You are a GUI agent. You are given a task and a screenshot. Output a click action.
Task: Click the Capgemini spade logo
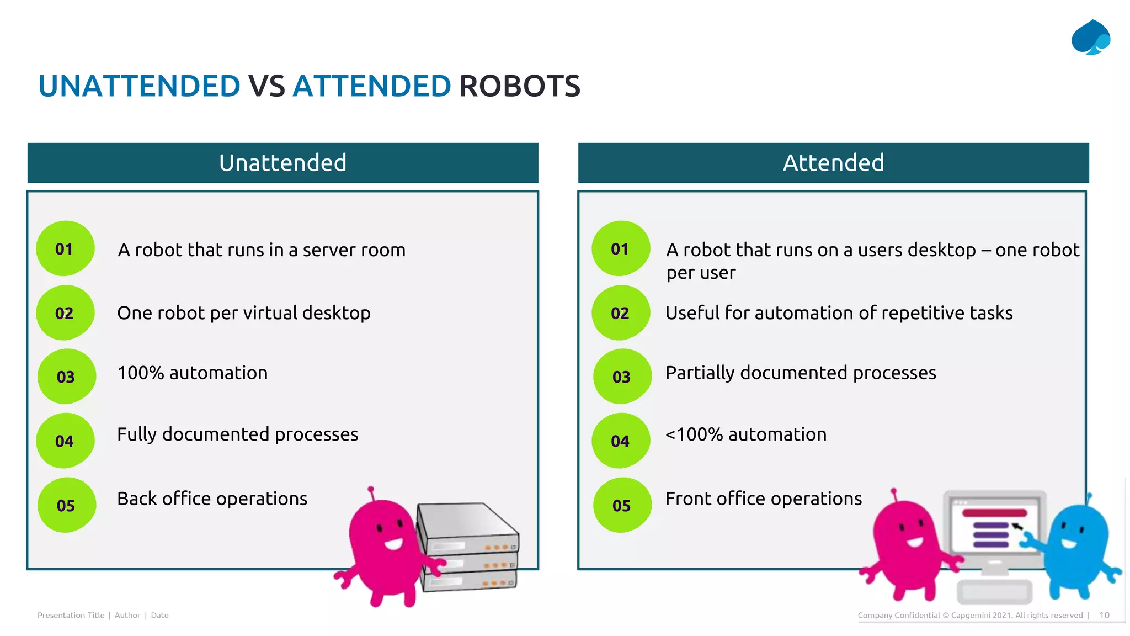point(1091,38)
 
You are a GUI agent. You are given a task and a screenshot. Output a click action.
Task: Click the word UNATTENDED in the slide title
point(139,87)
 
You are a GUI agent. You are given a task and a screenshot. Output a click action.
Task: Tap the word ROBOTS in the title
point(519,87)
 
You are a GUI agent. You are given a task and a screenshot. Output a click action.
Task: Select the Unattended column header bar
point(282,163)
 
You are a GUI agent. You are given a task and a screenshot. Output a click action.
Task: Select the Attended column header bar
point(833,163)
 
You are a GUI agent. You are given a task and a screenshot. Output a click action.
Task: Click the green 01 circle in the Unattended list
point(65,249)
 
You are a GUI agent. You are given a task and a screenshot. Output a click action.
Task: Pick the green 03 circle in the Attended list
point(622,377)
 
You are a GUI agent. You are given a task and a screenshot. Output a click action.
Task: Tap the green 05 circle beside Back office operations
point(66,505)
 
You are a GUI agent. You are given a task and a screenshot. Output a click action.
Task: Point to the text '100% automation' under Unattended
point(193,373)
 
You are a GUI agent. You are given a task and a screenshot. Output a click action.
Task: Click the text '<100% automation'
point(746,434)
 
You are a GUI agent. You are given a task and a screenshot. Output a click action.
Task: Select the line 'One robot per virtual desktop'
point(244,313)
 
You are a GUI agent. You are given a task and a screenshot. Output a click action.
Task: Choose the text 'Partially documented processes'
point(801,373)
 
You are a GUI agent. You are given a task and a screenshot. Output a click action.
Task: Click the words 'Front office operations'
point(764,499)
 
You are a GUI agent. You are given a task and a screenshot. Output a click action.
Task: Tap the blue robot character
point(1076,547)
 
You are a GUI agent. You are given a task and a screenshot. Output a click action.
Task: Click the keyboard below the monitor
point(995,592)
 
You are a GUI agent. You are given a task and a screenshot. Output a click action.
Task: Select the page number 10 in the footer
point(1104,615)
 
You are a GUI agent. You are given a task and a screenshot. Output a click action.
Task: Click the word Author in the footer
point(127,615)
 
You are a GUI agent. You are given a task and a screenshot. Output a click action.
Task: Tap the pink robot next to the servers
point(383,547)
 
